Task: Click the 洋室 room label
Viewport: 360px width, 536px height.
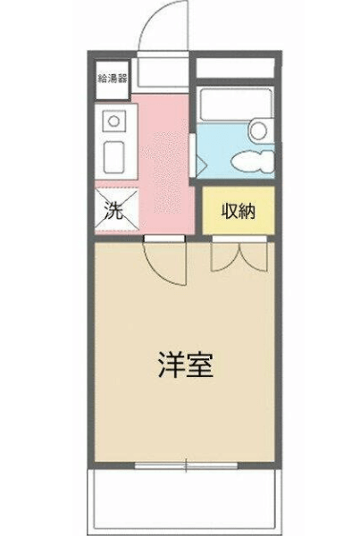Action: [186, 364]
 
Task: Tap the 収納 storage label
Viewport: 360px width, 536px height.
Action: [239, 211]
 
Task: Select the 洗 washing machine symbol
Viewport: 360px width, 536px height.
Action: [117, 210]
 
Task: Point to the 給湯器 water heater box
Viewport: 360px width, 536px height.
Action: [113, 80]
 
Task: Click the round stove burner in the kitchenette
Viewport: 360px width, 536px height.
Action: [113, 121]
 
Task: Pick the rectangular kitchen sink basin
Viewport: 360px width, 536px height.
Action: [114, 157]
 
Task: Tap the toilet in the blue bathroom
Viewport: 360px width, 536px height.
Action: [253, 161]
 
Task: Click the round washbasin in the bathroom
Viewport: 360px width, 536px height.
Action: [258, 131]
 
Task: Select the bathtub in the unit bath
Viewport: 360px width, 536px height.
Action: [236, 105]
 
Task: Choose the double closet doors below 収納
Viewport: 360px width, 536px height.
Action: [239, 256]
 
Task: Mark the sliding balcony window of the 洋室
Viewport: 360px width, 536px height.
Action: [186, 465]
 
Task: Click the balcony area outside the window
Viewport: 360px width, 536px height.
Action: [185, 501]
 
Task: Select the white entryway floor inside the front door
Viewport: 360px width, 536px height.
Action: [163, 72]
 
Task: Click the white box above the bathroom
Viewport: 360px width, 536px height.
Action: [236, 68]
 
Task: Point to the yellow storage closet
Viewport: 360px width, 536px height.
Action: [239, 211]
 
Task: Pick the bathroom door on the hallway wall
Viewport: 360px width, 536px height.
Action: [193, 155]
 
